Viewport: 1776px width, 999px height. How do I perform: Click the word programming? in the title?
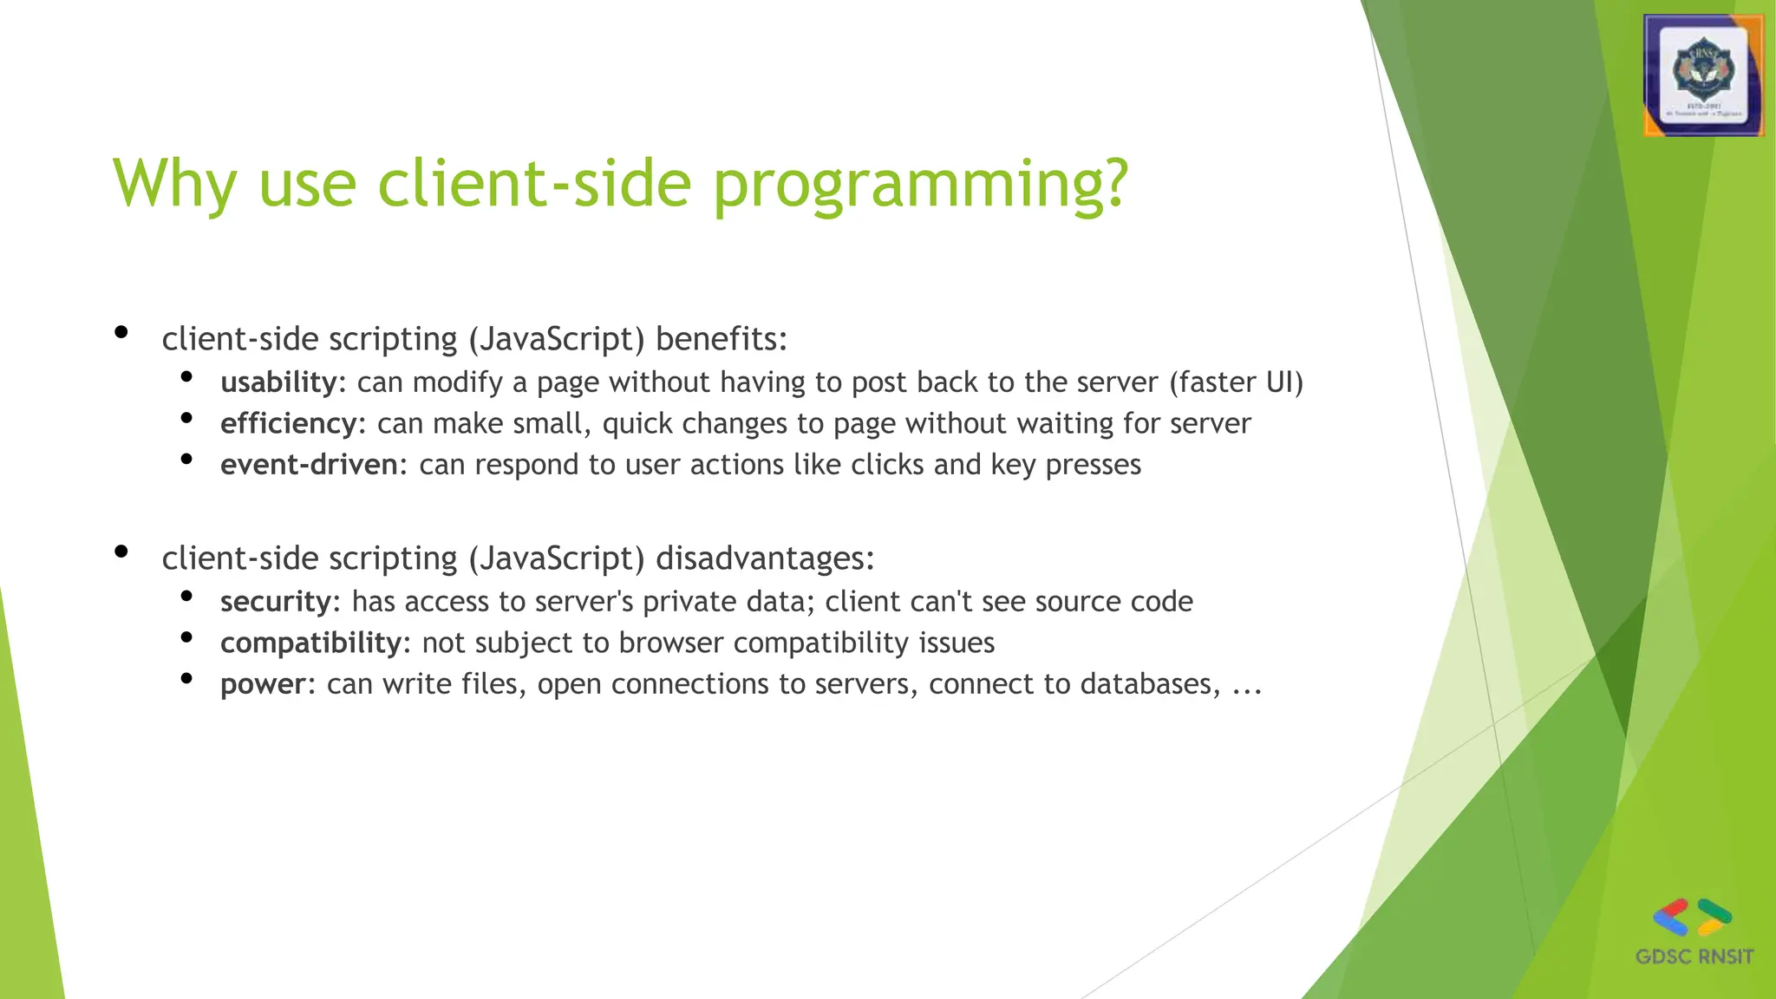[x=920, y=184]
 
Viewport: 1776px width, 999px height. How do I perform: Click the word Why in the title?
[x=174, y=184]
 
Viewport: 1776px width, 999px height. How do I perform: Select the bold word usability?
[x=277, y=382]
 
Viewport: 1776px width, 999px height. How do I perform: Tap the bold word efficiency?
[x=288, y=423]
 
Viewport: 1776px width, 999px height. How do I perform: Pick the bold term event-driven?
[x=309, y=465]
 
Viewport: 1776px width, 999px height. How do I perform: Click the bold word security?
[x=275, y=602]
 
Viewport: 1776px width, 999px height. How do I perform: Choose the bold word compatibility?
[x=310, y=643]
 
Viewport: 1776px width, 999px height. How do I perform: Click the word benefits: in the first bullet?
[x=721, y=338]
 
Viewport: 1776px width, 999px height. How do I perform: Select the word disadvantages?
[x=765, y=558]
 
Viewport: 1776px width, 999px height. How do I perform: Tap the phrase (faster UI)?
[x=1236, y=382]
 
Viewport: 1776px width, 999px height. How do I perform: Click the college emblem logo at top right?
[x=1703, y=76]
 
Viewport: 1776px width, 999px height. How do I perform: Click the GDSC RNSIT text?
[x=1694, y=957]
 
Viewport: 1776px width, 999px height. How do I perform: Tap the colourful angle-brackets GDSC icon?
[x=1692, y=917]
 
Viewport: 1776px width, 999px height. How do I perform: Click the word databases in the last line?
[x=1150, y=684]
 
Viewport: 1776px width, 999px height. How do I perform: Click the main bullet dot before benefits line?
[x=121, y=332]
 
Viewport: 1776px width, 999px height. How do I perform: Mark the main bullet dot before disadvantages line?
[x=121, y=552]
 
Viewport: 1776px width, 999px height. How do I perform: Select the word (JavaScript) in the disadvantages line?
[x=556, y=558]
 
